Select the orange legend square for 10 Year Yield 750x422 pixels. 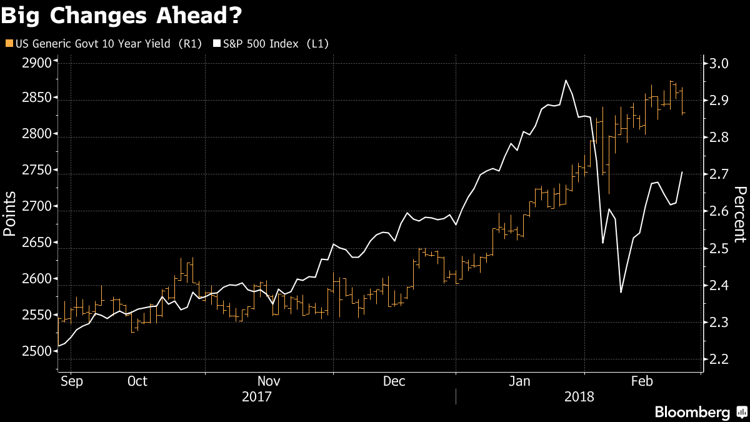pos(8,44)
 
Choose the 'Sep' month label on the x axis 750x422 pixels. pos(72,381)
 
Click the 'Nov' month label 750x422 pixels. pos(269,381)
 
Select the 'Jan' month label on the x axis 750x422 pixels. pos(520,381)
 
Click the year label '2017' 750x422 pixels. pos(256,396)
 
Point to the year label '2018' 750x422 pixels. pos(579,396)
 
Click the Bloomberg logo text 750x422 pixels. pos(692,412)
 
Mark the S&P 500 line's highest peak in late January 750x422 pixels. pos(566,80)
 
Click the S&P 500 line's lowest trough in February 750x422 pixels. pos(621,292)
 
